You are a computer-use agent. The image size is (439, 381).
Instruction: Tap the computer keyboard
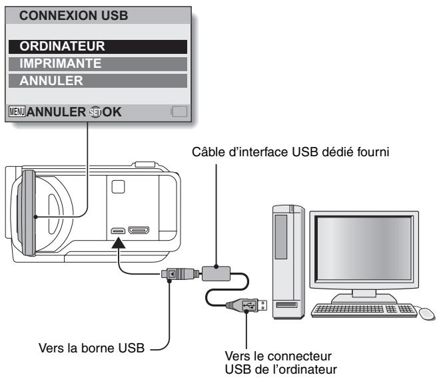(362, 309)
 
